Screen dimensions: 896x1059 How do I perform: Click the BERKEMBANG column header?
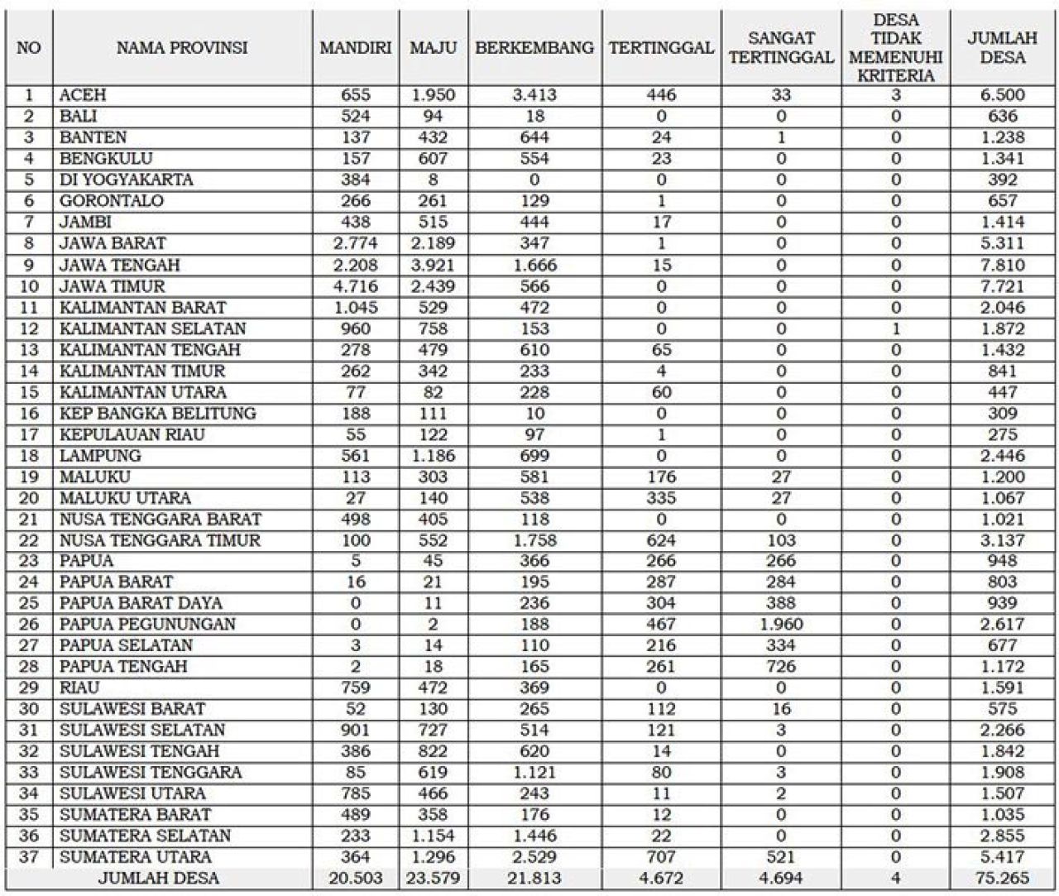click(x=534, y=48)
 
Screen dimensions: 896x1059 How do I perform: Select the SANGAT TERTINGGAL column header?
click(x=781, y=48)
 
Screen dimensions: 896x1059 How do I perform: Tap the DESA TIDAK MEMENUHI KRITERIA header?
click(x=896, y=48)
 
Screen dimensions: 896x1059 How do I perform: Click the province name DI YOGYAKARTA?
click(x=127, y=180)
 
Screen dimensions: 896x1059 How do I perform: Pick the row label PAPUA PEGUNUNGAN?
click(x=147, y=625)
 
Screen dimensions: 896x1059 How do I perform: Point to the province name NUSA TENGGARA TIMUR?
click(x=160, y=540)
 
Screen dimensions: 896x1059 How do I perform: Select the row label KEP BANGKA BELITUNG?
click(x=157, y=414)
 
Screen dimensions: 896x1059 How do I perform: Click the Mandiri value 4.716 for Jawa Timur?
click(x=356, y=287)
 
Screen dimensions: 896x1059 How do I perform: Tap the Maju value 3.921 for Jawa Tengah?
click(x=433, y=266)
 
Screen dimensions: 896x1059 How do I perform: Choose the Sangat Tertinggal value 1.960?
click(x=781, y=625)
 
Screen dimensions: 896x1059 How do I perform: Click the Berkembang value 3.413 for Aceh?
click(x=534, y=95)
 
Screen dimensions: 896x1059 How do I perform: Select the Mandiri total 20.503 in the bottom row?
click(x=356, y=879)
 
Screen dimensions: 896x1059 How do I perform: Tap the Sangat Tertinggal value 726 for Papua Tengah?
click(x=781, y=667)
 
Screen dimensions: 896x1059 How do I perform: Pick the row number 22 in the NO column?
click(x=28, y=540)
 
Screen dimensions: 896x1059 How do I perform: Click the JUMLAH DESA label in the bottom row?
click(x=159, y=879)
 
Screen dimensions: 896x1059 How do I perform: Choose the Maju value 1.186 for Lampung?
click(x=433, y=456)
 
